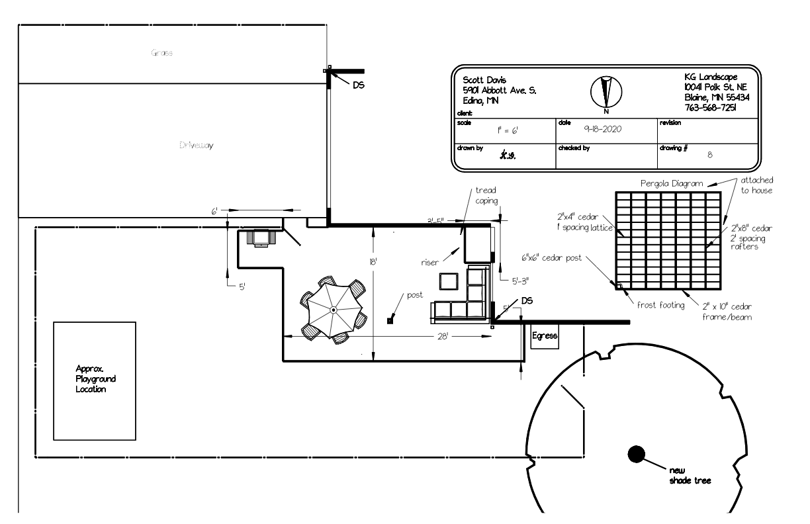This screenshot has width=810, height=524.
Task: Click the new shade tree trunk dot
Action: [636, 454]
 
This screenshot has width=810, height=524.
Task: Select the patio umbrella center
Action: [334, 309]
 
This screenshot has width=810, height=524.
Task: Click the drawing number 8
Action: [709, 158]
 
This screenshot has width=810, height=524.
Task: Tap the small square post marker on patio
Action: [390, 321]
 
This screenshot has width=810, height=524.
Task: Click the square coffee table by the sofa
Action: [449, 281]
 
